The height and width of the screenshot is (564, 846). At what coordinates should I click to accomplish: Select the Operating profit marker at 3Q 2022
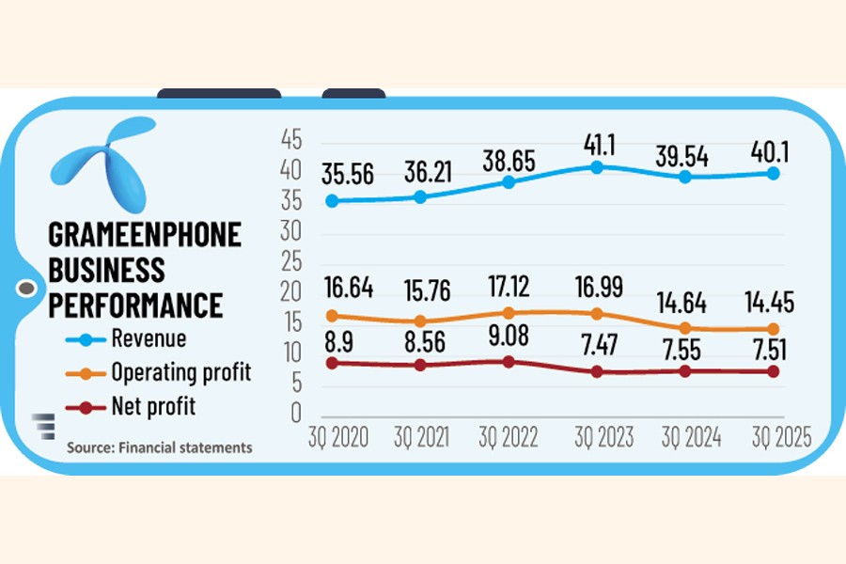[509, 313]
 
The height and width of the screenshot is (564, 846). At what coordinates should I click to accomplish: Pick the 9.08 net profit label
[509, 336]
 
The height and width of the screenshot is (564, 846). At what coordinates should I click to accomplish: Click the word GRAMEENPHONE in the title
[144, 234]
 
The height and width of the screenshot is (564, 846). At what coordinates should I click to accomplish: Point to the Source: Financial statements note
[159, 448]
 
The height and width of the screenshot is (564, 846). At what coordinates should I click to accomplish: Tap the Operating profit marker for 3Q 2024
[685, 328]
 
